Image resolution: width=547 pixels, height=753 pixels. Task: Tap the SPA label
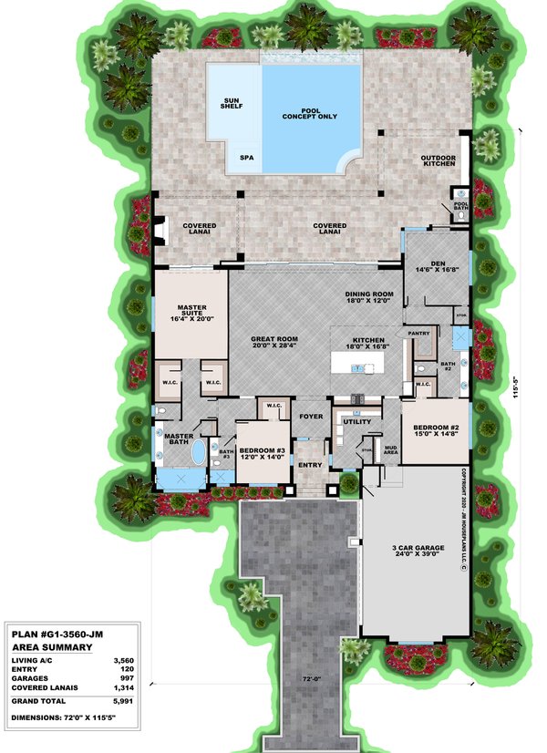[246, 157]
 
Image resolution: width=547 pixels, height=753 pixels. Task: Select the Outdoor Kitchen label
[437, 162]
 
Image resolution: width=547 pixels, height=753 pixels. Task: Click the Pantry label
[418, 334]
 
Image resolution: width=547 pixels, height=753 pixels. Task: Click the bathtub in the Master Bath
[199, 453]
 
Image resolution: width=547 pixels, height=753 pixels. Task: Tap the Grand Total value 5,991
[121, 702]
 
